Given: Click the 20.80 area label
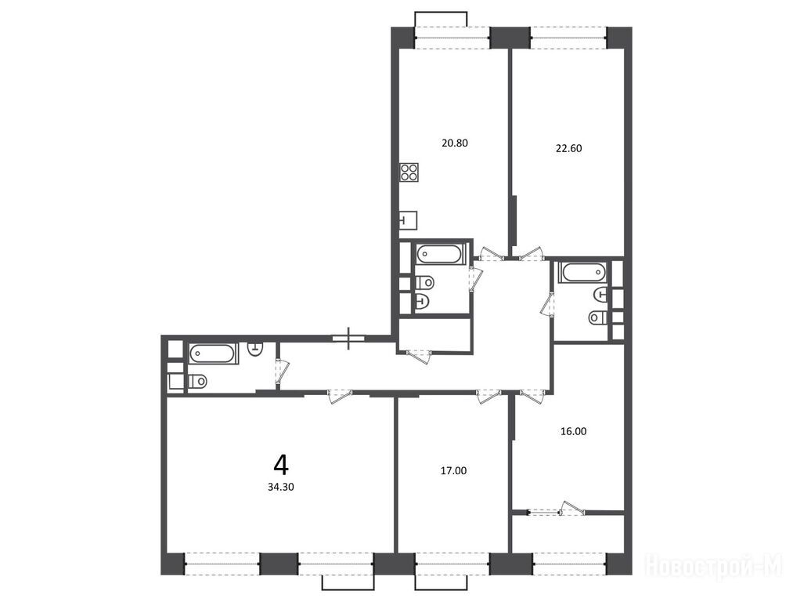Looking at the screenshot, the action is point(455,143).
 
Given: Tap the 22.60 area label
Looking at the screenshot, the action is point(569,149).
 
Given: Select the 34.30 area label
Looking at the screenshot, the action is point(281,488).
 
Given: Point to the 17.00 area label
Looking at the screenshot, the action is point(454,471).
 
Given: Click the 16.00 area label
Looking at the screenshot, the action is point(574,431).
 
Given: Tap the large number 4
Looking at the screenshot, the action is point(281,465).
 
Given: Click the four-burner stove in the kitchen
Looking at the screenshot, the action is point(409,172).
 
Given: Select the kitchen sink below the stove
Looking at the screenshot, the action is point(408,220).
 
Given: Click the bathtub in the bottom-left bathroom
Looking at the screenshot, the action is point(213,354).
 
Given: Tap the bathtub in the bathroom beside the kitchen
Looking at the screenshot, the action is point(439,254).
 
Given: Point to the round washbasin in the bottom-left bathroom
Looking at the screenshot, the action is point(256,348).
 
